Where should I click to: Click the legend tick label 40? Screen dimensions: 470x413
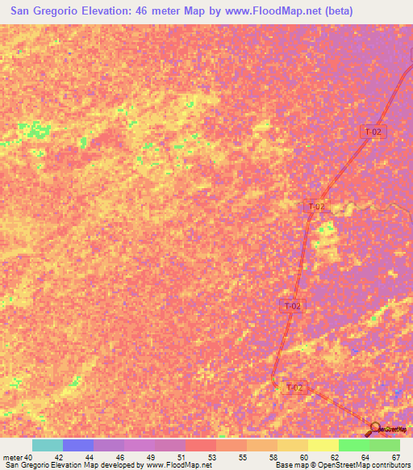28,456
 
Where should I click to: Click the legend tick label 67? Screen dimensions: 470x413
395,456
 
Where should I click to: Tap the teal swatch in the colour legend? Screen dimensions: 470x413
48,445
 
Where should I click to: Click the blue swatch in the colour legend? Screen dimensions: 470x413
78,445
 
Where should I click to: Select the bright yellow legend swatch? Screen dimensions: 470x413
323,445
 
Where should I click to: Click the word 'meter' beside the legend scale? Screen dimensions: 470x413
12,456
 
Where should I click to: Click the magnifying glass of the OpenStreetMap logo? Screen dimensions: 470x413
376,427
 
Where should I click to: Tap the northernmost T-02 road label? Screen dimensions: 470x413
371,132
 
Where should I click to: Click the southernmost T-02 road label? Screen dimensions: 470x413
295,388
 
